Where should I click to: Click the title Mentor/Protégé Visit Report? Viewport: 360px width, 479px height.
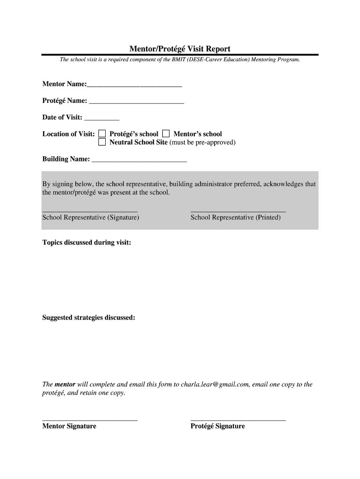coord(180,49)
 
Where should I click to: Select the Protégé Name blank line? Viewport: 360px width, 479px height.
coord(136,103)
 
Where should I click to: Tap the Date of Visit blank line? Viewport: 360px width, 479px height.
coord(101,120)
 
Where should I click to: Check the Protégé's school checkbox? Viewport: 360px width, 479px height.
coord(102,134)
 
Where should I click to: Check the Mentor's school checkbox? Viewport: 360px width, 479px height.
coord(166,134)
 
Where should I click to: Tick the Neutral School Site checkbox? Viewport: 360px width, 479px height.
coord(102,142)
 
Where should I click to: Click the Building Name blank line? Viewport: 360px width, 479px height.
coord(139,161)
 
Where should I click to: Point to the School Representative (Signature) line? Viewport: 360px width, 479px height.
coord(90,211)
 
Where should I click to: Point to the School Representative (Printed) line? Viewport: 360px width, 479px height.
coord(238,211)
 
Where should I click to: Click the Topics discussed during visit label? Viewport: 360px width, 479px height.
coord(86,243)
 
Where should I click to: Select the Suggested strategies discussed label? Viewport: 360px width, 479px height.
coord(89,318)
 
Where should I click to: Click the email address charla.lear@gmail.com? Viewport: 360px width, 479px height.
coord(215,385)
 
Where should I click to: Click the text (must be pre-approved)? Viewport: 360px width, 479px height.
coord(202,142)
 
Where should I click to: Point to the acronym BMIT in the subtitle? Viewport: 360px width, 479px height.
coord(180,60)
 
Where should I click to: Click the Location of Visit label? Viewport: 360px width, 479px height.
coord(69,134)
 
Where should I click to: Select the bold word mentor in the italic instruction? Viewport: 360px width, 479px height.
coord(65,385)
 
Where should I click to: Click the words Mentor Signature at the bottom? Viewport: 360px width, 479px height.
coord(69,426)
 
